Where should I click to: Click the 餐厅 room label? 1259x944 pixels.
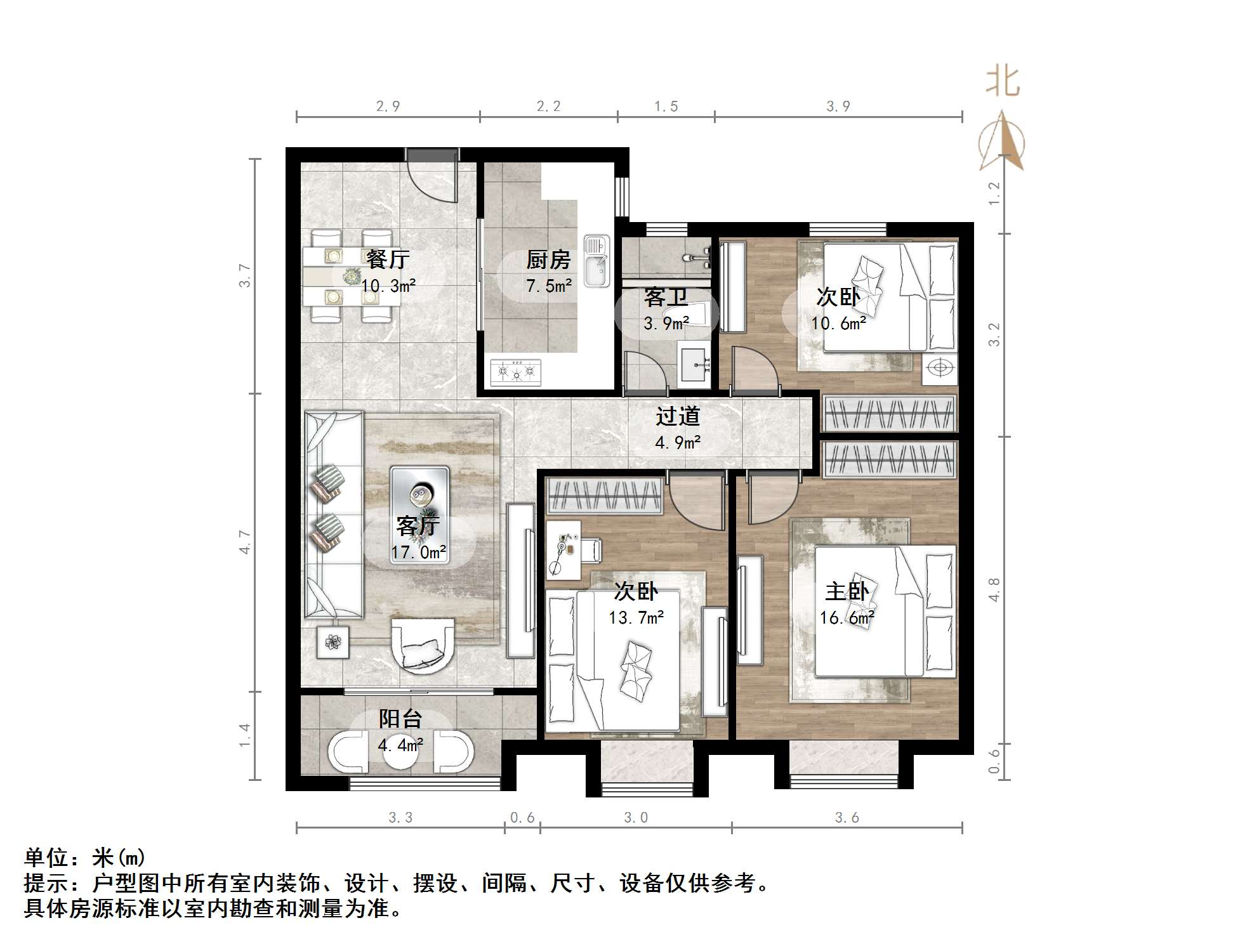pyautogui.click(x=388, y=259)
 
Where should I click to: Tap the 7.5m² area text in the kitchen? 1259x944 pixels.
pyautogui.click(x=549, y=286)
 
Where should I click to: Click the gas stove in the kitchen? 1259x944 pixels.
pyautogui.click(x=516, y=372)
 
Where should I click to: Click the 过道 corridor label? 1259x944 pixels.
pyautogui.click(x=678, y=416)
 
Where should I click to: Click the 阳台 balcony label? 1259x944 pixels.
pyautogui.click(x=400, y=719)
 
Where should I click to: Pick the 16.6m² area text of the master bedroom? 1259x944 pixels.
pyautogui.click(x=847, y=617)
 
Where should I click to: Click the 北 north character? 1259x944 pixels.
pyautogui.click(x=1003, y=82)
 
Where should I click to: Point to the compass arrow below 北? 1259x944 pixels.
pyautogui.click(x=1003, y=143)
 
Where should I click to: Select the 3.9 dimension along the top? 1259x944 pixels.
pyautogui.click(x=838, y=107)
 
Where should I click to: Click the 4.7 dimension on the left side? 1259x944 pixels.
pyautogui.click(x=245, y=542)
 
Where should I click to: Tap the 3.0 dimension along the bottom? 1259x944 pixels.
pyautogui.click(x=636, y=818)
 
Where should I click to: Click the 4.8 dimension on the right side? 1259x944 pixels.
pyautogui.click(x=994, y=589)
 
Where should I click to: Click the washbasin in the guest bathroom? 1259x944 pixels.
pyautogui.click(x=695, y=365)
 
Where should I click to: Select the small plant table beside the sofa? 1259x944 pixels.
pyautogui.click(x=333, y=642)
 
